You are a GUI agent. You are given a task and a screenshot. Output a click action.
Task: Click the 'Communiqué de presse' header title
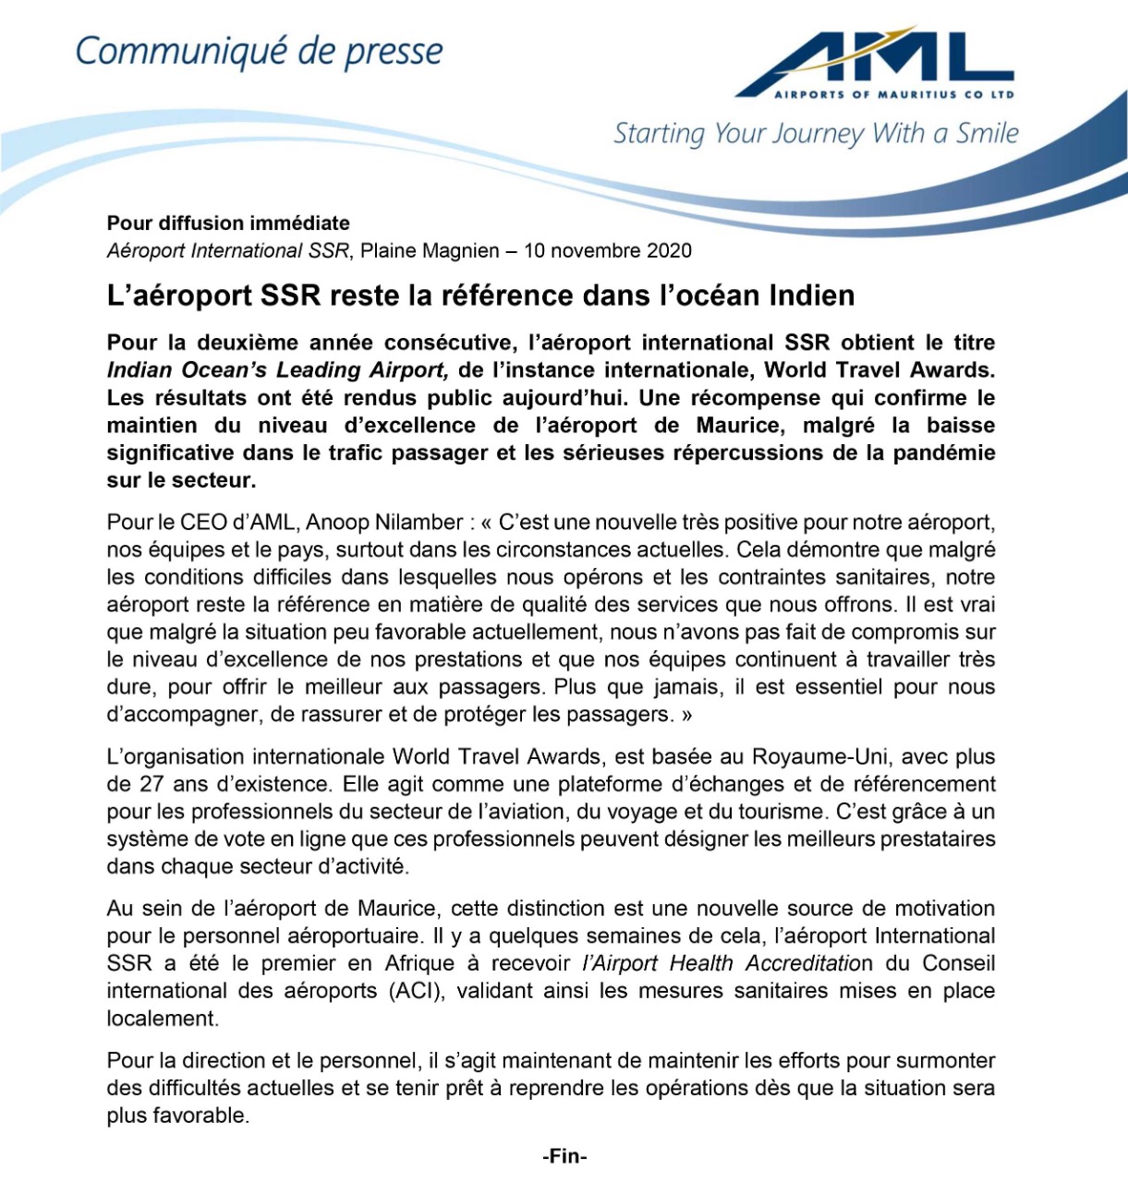pyautogui.click(x=259, y=52)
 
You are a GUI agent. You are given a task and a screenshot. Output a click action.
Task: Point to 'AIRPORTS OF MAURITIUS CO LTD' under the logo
pyautogui.click(x=893, y=94)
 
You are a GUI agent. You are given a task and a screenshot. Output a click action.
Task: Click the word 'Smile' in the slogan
pyautogui.click(x=987, y=134)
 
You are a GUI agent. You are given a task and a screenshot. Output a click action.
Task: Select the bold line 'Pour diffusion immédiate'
pyautogui.click(x=228, y=223)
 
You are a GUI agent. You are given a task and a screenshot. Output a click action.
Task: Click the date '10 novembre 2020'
pyautogui.click(x=607, y=250)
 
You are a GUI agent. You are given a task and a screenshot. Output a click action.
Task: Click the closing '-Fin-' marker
pyautogui.click(x=564, y=1156)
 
